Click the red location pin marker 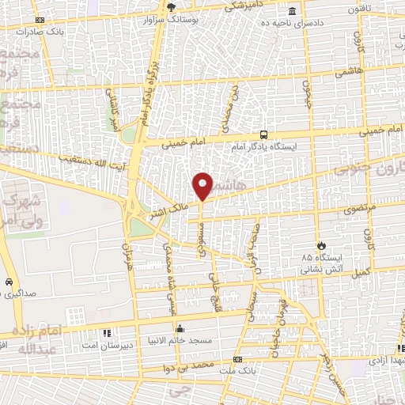(203, 185)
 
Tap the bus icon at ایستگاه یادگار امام (263, 134)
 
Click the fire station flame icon (321, 244)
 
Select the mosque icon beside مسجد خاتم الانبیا (180, 329)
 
